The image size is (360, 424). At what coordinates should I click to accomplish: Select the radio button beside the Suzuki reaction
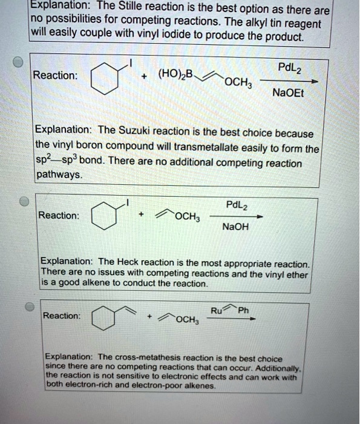coord(19,64)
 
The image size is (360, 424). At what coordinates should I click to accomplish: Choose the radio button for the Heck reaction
coord(23,202)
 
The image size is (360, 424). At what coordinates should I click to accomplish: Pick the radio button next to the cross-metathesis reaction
coord(28,306)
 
